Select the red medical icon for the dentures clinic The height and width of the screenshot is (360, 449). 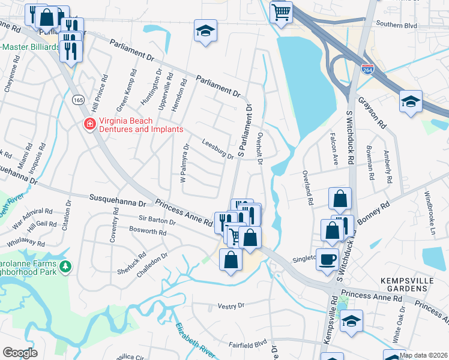[89, 124]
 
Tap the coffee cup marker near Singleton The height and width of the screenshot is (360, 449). [327, 259]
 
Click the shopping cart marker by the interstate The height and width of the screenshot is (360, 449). [281, 12]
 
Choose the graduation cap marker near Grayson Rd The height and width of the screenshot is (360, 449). [411, 101]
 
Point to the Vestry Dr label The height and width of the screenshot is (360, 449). [231, 305]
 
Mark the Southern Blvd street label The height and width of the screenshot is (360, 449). [396, 25]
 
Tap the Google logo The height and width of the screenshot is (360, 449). [20, 352]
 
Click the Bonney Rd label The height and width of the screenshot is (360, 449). [373, 212]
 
